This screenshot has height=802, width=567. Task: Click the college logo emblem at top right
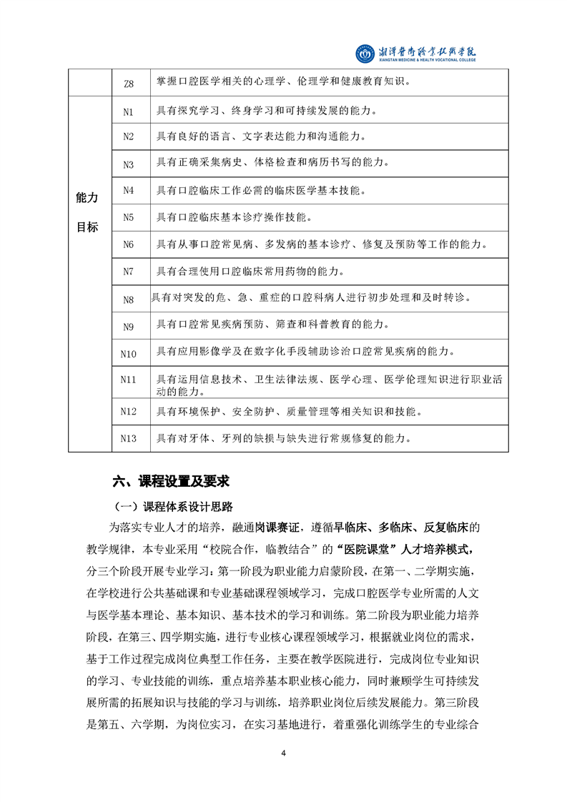click(365, 53)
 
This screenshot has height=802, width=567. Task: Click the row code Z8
click(129, 83)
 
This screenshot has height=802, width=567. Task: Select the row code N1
click(129, 112)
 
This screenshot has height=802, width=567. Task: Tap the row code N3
click(129, 164)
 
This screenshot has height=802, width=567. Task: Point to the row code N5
click(129, 217)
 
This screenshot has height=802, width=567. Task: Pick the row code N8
click(129, 299)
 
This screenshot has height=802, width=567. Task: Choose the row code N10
click(129, 352)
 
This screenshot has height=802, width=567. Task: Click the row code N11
click(129, 379)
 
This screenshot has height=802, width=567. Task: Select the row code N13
click(129, 437)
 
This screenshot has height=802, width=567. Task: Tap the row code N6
click(129, 244)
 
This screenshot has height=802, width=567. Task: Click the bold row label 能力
click(87, 197)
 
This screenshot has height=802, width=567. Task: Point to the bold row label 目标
click(87, 227)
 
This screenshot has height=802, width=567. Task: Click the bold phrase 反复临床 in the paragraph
click(450, 528)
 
